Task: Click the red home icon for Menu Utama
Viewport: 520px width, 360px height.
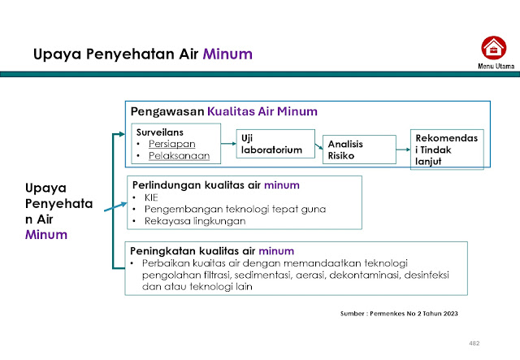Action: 492,47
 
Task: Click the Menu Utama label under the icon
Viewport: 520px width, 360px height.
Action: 492,66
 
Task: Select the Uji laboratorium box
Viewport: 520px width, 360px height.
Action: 271,144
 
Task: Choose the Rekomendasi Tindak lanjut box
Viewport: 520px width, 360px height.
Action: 448,148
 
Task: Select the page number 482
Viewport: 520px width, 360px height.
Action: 474,343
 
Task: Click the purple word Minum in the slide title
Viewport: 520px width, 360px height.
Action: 228,54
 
